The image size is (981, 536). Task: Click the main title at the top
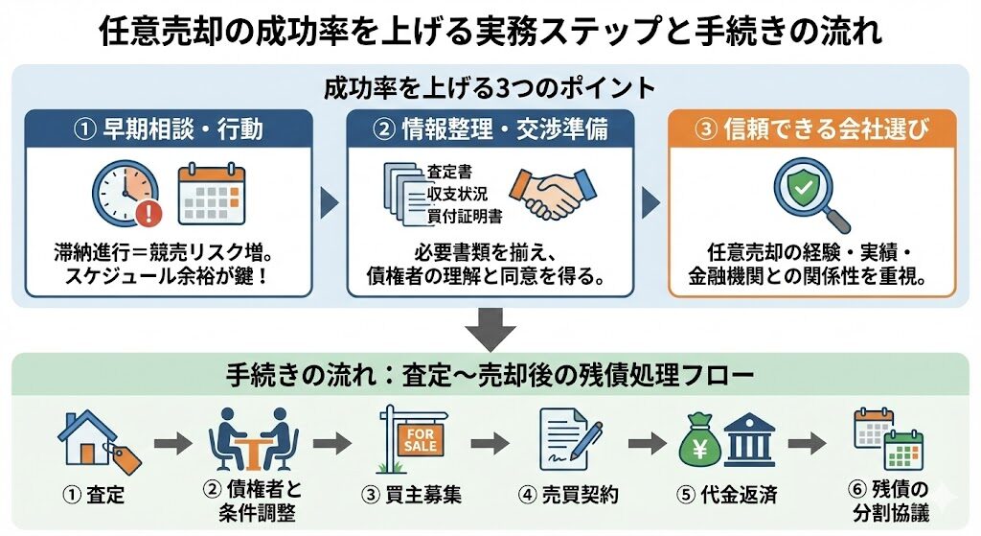490,33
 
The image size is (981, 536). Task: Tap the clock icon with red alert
125,193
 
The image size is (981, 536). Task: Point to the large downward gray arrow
490,330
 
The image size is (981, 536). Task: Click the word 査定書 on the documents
448,174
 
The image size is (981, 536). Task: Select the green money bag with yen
701,442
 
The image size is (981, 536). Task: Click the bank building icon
750,441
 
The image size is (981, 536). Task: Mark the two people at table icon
253,438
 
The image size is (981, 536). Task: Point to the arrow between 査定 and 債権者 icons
172,444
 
